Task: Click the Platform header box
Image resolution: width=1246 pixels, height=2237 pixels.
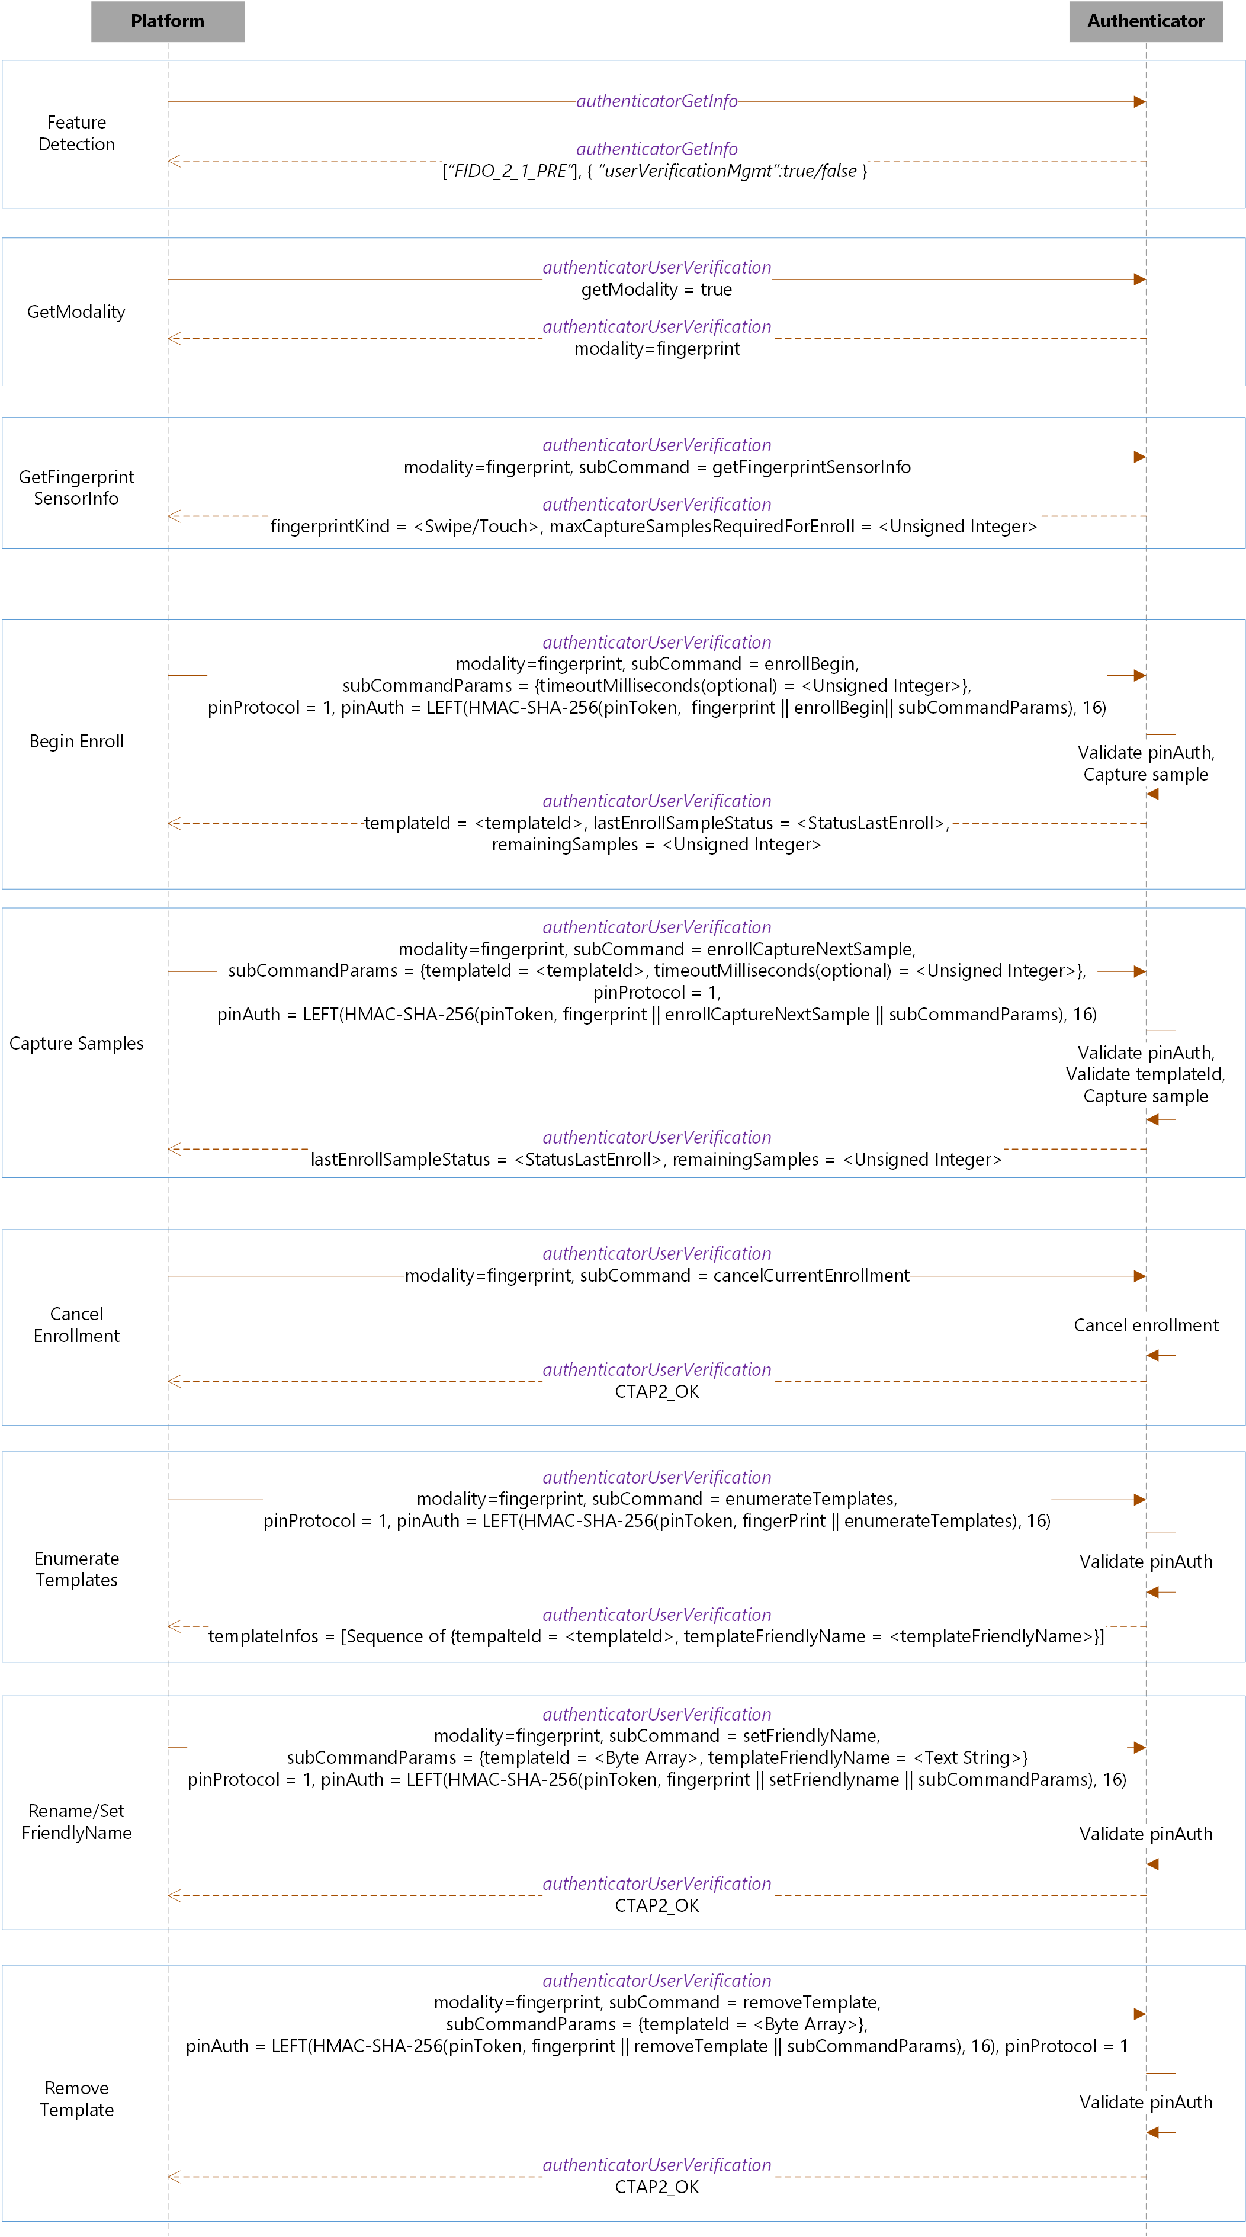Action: coord(168,21)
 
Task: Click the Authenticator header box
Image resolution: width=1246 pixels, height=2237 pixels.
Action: coord(1145,21)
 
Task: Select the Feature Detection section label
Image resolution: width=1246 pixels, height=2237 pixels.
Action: coord(76,133)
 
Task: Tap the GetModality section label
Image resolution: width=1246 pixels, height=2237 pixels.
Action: coord(76,312)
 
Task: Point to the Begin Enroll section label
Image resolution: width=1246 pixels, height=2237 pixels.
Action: coord(76,741)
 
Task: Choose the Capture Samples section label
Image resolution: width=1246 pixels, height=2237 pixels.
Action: coord(76,1043)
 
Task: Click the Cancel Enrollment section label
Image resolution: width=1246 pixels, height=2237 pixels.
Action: coord(76,1324)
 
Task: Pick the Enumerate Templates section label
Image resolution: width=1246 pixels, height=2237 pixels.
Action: coord(76,1569)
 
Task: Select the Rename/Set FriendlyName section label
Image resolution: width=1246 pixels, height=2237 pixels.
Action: coord(76,1821)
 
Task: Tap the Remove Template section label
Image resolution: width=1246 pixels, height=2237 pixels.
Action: coord(76,2098)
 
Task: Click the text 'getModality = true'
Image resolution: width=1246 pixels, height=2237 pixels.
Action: coord(656,289)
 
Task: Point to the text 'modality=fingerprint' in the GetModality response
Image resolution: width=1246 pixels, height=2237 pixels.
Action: coord(656,348)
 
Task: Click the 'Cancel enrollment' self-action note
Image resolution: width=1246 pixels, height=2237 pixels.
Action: coord(1145,1325)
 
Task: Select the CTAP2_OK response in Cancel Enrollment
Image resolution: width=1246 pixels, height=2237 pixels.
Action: coord(656,1391)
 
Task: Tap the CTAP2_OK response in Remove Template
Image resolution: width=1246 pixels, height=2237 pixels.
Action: coord(656,2187)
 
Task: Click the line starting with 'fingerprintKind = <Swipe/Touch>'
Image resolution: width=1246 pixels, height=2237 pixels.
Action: coord(653,527)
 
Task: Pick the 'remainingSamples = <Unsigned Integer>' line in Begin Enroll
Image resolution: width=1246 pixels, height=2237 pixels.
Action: coord(656,844)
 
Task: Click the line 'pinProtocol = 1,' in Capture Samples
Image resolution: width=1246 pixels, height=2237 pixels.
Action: coord(656,991)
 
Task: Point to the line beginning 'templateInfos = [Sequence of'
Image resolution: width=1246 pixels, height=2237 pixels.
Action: coord(656,1636)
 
